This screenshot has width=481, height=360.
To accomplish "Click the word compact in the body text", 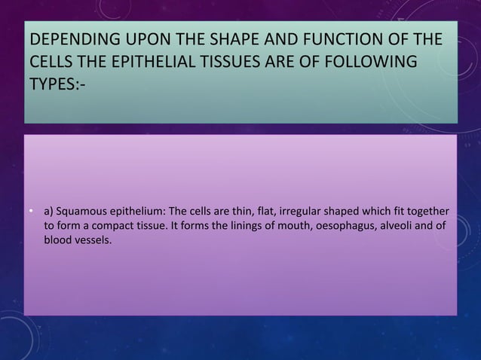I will (x=114, y=225).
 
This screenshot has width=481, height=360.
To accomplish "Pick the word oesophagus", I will (x=339, y=225).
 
